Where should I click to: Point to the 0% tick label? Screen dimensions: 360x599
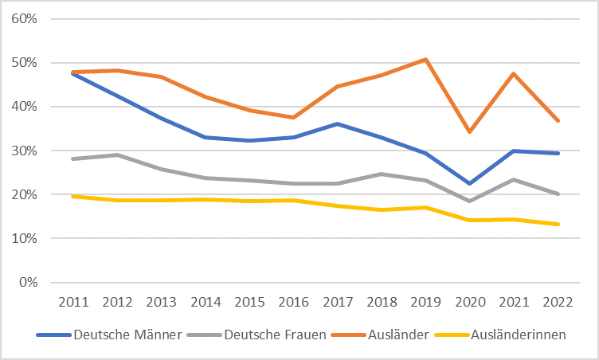click(x=29, y=283)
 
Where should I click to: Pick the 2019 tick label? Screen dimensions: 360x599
click(x=426, y=304)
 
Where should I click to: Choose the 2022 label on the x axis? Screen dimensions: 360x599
click(x=558, y=304)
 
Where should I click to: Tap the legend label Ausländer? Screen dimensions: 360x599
click(x=391, y=335)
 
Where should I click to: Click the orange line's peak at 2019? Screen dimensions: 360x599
click(x=426, y=59)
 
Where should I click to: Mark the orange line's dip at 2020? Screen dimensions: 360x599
click(x=470, y=131)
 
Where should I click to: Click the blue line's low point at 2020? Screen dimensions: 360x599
click(x=470, y=183)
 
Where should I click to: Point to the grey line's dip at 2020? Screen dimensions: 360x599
click(x=470, y=201)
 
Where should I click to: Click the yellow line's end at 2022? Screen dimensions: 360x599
click(x=558, y=224)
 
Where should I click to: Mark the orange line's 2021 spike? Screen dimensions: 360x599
click(x=514, y=73)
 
